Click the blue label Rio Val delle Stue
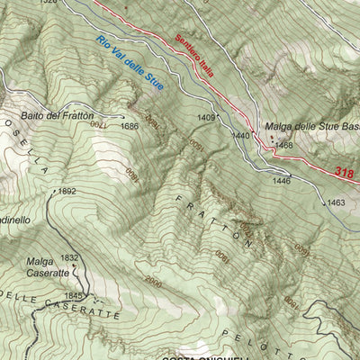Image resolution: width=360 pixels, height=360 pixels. [129, 63]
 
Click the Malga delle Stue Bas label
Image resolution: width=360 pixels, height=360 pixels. [310, 128]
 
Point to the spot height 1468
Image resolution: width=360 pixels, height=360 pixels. [284, 145]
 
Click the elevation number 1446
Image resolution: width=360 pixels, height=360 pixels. [282, 181]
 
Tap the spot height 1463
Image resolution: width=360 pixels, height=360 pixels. [336, 203]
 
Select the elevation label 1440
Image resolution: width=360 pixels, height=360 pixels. [240, 135]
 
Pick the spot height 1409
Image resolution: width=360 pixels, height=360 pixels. [206, 118]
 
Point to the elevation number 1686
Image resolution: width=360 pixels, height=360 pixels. [130, 126]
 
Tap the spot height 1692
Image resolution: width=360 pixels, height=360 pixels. [67, 191]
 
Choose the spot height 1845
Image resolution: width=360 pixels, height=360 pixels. [73, 295]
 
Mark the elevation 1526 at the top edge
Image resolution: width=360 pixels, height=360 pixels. [48, 3]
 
